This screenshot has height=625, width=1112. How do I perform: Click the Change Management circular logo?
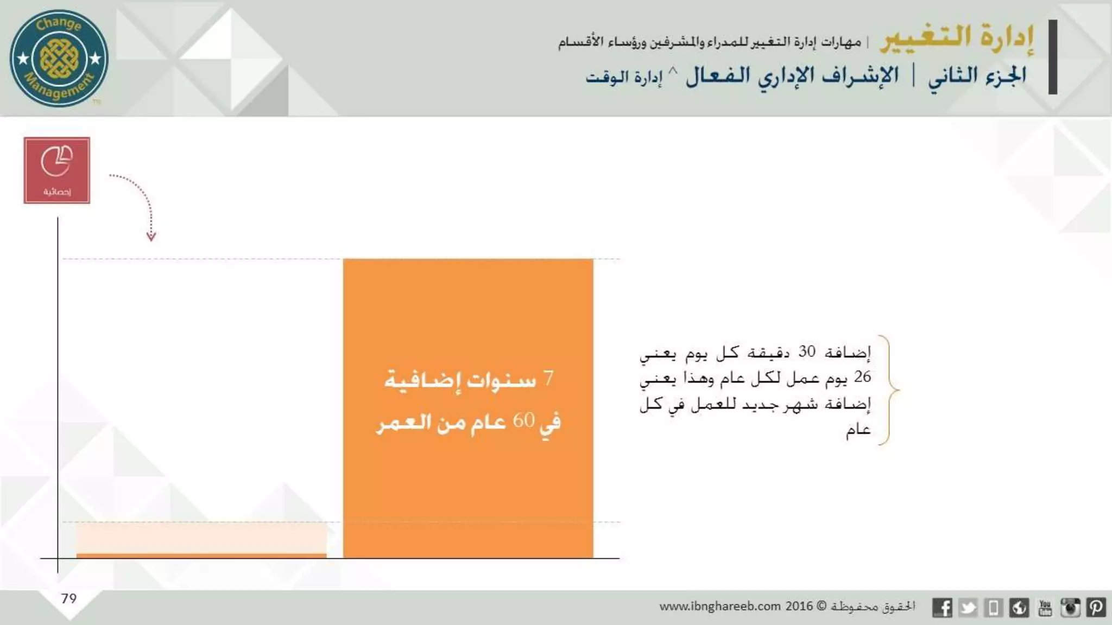(59, 58)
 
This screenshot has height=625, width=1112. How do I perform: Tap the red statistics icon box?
(56, 170)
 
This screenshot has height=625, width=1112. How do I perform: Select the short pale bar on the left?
(201, 539)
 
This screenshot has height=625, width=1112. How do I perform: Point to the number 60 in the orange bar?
(523, 420)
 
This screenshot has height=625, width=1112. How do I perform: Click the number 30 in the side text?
(806, 352)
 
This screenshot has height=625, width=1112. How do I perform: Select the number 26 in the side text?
(862, 377)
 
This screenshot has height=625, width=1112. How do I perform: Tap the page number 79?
(69, 598)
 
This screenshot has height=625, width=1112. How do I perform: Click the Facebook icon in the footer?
(942, 608)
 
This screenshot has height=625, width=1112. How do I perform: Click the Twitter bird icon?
(968, 608)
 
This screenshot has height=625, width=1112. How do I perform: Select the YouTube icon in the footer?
(1045, 608)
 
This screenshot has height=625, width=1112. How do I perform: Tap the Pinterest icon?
(1096, 608)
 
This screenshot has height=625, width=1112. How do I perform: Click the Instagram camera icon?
(1070, 608)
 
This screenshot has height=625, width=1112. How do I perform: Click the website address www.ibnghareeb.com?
(720, 607)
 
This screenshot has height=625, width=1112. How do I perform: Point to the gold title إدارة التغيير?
(957, 38)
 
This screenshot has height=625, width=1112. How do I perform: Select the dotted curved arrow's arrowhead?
(151, 236)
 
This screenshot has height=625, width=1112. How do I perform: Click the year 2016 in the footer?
(799, 606)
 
